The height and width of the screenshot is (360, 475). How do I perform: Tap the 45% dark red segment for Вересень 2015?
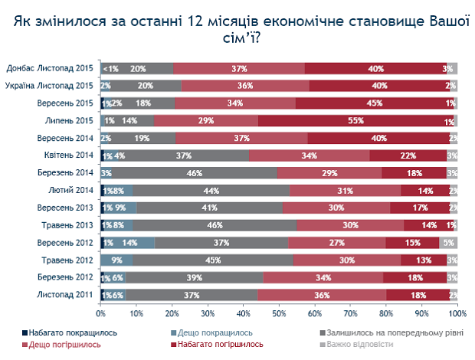click(x=375, y=103)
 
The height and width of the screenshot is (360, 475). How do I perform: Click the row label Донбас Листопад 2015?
click(x=50, y=68)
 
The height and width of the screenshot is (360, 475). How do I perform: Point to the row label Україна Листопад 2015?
click(x=50, y=86)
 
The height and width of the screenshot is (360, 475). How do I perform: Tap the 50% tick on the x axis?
click(x=279, y=313)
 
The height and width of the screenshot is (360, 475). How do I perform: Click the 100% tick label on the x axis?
click(x=457, y=313)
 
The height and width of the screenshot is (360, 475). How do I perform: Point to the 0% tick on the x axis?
click(x=100, y=313)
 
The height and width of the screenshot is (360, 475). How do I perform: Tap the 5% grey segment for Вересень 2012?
click(x=448, y=242)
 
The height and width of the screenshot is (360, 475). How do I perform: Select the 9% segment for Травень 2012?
click(x=116, y=260)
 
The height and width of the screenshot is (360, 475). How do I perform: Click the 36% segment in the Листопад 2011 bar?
click(x=322, y=294)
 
